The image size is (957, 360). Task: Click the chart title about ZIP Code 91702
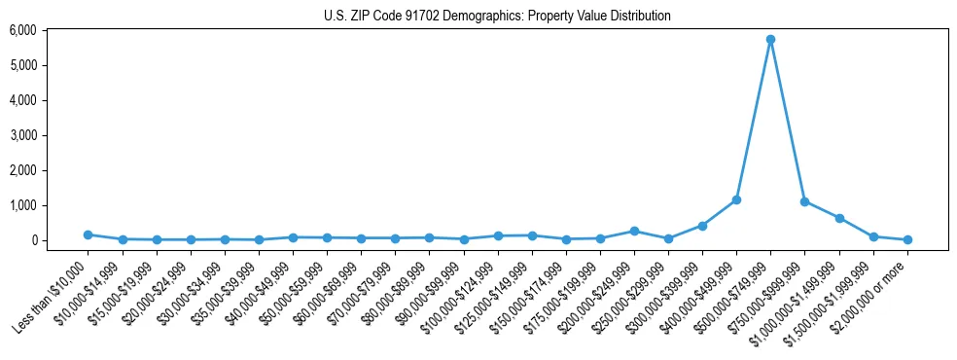tap(497, 16)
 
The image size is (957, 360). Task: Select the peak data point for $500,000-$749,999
tap(770, 40)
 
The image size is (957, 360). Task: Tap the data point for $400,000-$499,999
tap(736, 199)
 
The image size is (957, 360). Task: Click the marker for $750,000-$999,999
tap(804, 201)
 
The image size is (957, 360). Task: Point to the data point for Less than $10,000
tap(88, 234)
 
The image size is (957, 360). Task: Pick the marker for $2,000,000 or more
tap(907, 239)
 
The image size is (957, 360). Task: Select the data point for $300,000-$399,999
tap(702, 226)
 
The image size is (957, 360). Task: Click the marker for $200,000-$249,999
tap(634, 231)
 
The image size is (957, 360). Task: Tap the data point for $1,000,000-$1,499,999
tap(839, 218)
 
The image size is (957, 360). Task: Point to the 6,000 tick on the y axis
tap(22, 30)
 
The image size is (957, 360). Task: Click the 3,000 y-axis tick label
tap(22, 135)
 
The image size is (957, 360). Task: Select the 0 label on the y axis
tap(33, 240)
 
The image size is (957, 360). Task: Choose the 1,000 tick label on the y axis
tap(22, 205)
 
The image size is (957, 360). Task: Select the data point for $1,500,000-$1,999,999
tap(873, 236)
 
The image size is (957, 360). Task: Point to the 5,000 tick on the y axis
tap(22, 65)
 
